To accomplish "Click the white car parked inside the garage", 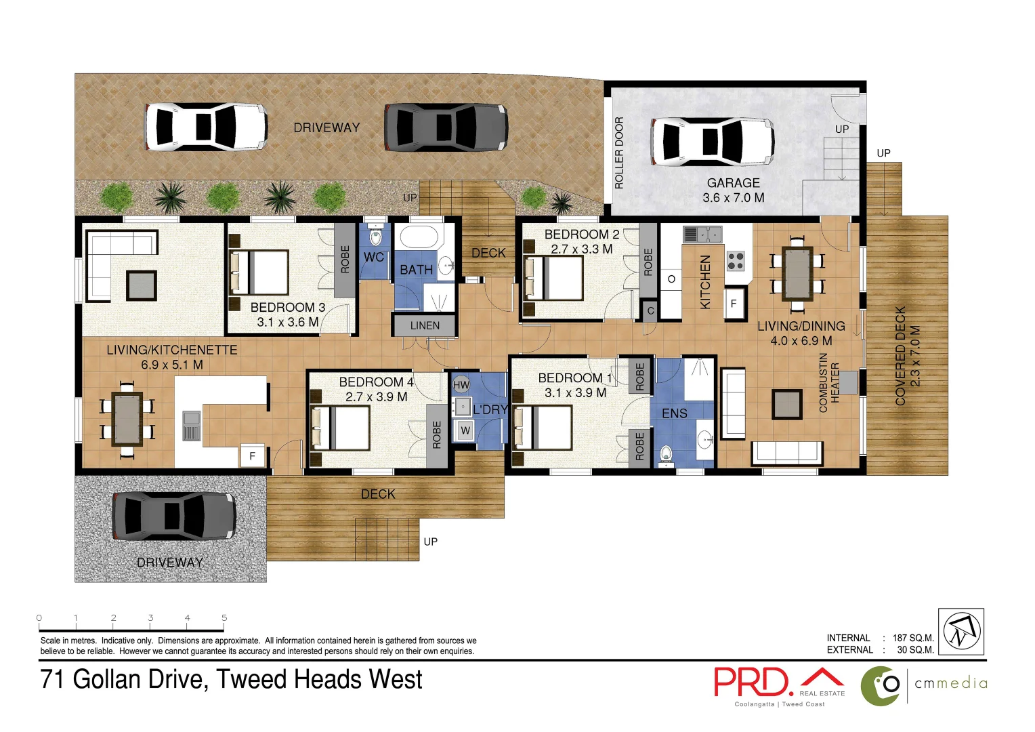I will (712, 142).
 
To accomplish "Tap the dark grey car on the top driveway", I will (446, 127).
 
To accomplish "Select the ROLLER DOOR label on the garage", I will (618, 152).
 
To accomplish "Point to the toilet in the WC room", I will (375, 237).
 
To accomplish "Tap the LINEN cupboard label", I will (425, 325).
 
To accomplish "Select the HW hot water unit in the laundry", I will (461, 384).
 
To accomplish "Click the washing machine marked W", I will (465, 430).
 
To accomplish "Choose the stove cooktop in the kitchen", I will (736, 260).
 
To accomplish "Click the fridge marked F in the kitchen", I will (733, 304).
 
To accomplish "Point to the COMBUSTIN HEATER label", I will (829, 383).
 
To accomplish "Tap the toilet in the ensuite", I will (666, 455).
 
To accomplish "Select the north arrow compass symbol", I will (961, 631).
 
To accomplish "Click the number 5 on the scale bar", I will (224, 617).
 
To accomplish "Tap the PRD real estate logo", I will (779, 684).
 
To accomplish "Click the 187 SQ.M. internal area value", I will (913, 638).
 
